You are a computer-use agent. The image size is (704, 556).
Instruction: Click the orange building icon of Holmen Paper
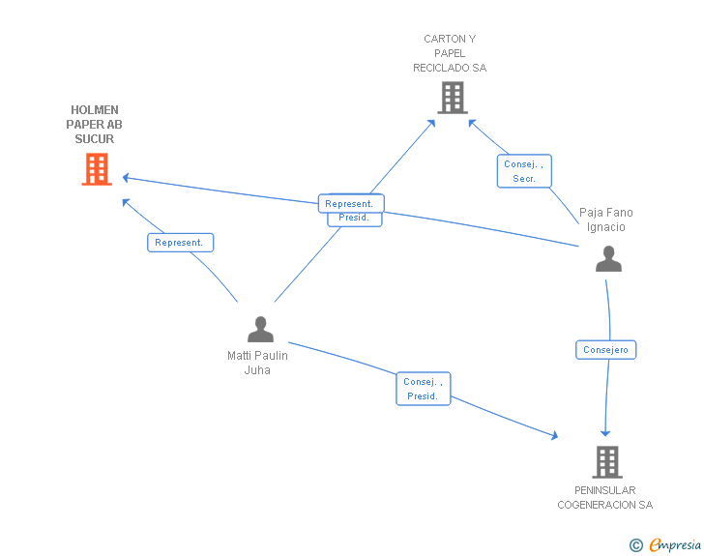click(96, 169)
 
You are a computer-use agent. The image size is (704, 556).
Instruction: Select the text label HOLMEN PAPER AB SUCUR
click(95, 125)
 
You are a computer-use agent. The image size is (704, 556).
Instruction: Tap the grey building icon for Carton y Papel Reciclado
click(452, 97)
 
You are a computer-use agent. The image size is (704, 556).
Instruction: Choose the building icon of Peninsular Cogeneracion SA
click(606, 462)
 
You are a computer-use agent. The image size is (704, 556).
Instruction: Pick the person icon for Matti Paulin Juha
click(260, 330)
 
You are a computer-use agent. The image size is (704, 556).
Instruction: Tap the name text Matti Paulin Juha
click(257, 363)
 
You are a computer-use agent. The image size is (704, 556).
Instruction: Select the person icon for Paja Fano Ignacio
click(608, 259)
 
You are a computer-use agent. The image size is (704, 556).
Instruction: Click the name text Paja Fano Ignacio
click(605, 219)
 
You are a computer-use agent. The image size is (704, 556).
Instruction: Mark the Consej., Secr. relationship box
click(524, 171)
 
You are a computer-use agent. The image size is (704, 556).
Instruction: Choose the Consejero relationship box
click(606, 350)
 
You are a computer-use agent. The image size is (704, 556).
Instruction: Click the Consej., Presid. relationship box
click(424, 389)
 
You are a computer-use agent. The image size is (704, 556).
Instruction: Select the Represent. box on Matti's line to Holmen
click(180, 243)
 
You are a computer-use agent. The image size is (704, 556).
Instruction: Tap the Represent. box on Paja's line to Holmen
click(350, 204)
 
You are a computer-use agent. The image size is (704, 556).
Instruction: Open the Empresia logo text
click(675, 544)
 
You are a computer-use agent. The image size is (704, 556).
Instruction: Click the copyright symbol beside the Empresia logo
click(635, 545)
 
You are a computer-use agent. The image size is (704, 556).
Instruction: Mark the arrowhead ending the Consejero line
click(605, 433)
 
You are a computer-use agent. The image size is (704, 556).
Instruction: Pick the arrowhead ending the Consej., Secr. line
click(471, 121)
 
